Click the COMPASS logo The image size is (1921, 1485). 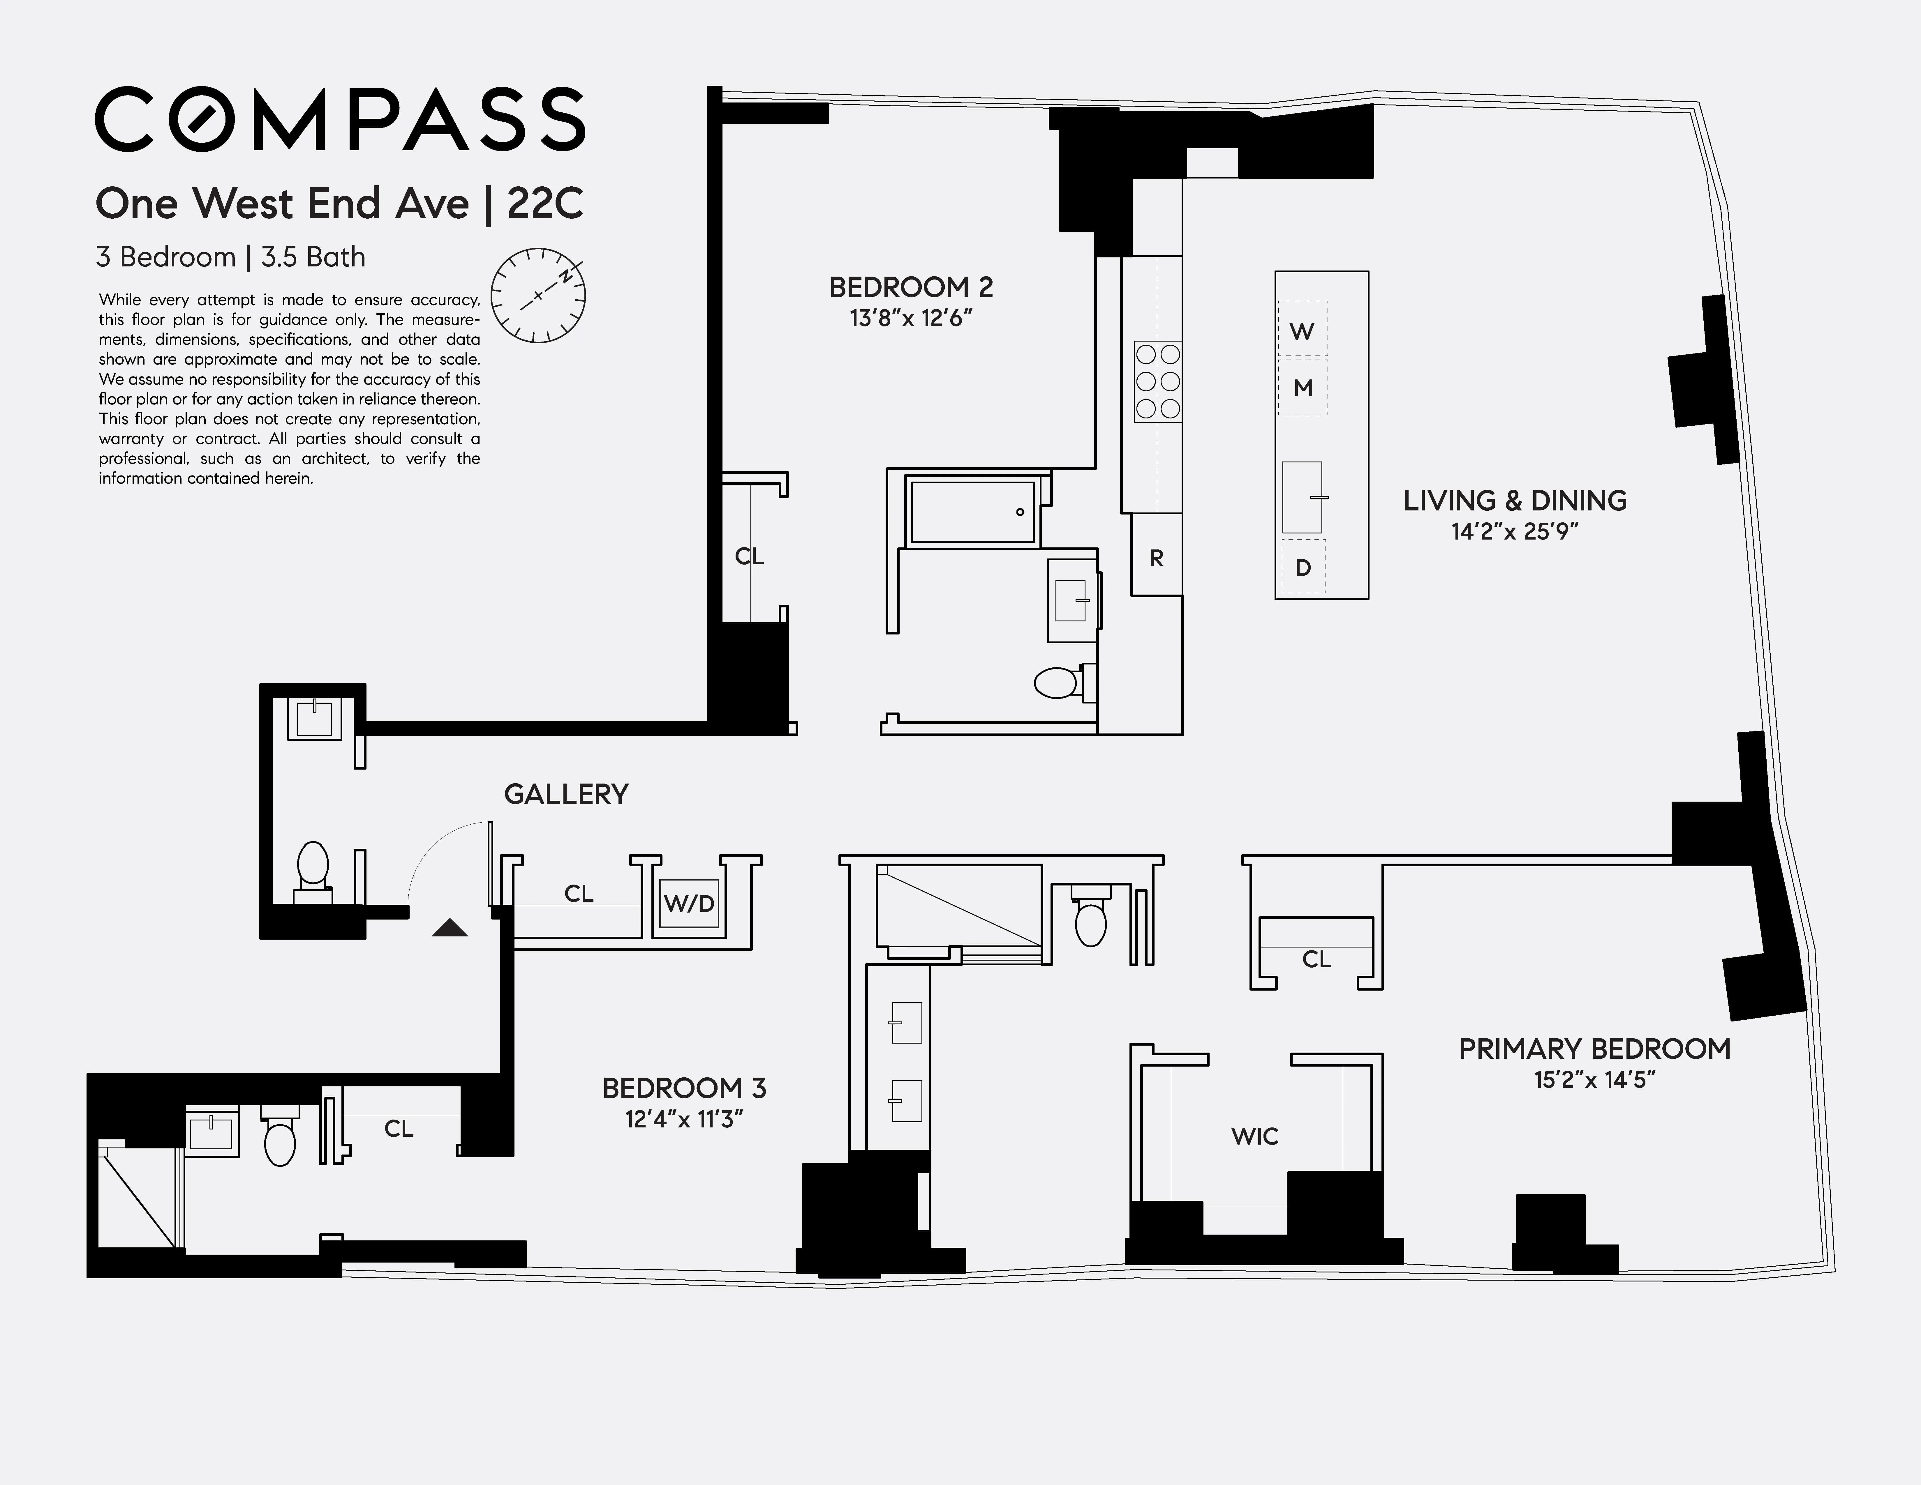[339, 119]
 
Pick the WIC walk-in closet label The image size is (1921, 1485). [1254, 1137]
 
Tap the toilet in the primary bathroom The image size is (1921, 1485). [1091, 919]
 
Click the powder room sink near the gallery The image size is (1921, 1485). [314, 718]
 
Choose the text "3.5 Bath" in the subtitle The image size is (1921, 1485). [313, 258]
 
